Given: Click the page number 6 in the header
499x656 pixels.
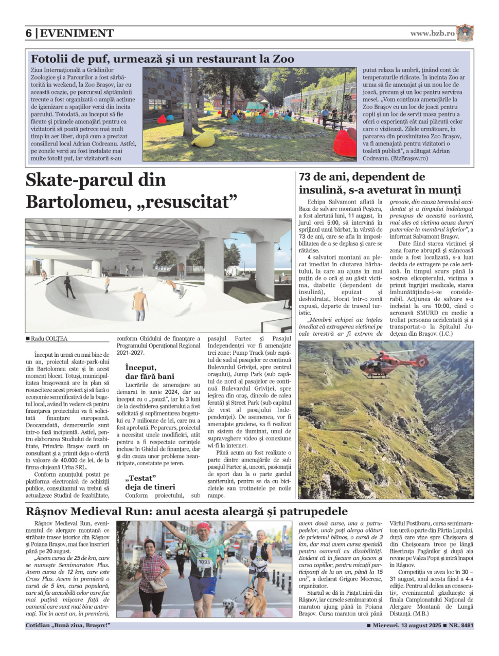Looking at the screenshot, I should click(29, 33).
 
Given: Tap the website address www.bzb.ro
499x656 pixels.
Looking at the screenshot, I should click(432, 33).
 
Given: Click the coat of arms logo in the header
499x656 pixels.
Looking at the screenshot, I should click(465, 33).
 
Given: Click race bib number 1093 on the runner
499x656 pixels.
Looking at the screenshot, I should click(204, 562).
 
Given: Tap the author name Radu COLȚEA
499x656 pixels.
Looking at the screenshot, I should click(49, 339).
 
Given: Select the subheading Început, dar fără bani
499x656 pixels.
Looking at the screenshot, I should click(149, 372).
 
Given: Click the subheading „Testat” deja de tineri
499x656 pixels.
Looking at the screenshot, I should click(150, 482).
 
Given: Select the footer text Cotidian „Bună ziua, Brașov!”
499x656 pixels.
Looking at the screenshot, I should click(68, 626).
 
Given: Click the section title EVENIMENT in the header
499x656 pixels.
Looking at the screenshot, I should click(77, 33).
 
